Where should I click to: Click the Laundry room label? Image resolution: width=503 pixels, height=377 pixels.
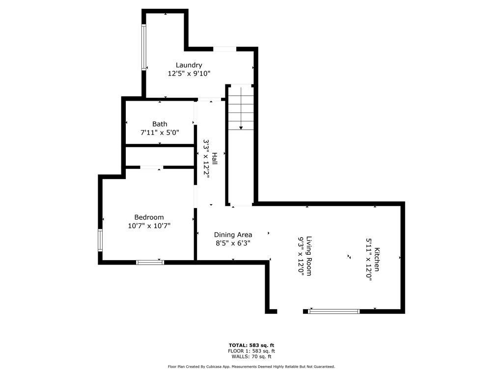[189, 65]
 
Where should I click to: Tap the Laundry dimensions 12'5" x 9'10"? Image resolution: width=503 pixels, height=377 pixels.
[189, 74]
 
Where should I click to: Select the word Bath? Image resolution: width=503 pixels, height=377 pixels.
[160, 124]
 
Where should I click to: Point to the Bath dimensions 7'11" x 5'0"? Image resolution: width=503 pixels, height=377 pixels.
[160, 133]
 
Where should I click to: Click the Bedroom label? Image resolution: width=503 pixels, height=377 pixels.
[149, 217]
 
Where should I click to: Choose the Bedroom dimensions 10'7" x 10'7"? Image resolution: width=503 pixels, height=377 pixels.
[149, 226]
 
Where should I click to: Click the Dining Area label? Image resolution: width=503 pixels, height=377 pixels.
[233, 235]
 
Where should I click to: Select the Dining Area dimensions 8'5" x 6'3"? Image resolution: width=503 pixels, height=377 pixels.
[233, 243]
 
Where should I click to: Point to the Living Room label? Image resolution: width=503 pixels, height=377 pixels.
[309, 256]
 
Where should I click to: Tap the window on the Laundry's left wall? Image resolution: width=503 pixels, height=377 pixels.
[144, 47]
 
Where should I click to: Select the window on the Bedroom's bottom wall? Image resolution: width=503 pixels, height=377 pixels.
[150, 262]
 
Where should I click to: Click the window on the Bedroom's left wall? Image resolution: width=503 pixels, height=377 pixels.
[100, 240]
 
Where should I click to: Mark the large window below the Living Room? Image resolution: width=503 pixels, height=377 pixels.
[334, 311]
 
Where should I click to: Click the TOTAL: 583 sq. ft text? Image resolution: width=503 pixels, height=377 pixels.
[251, 345]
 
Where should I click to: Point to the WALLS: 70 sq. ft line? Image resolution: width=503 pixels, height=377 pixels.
[251, 356]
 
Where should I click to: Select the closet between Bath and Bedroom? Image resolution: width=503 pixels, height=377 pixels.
[160, 157]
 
